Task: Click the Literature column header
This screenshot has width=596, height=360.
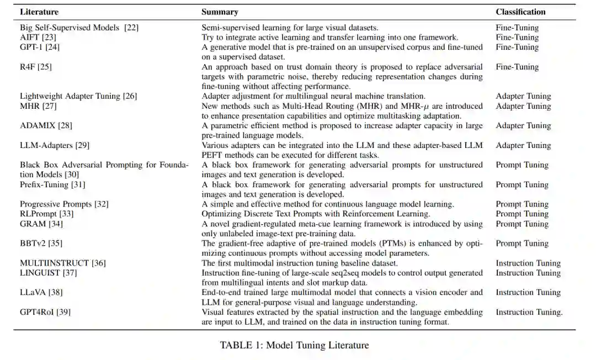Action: [39, 12]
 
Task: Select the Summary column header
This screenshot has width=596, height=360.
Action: [220, 12]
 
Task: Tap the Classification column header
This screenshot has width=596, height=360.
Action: [520, 12]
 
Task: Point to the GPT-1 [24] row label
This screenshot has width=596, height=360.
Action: [40, 47]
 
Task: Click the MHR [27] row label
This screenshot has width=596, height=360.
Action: [38, 106]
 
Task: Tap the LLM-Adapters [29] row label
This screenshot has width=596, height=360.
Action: [55, 145]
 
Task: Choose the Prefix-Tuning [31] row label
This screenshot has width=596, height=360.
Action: [52, 184]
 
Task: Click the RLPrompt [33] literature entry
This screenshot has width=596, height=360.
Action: [46, 214]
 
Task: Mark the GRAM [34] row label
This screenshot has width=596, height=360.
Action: [41, 224]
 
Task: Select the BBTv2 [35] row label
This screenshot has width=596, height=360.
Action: [41, 243]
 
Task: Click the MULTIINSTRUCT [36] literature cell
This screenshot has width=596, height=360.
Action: [63, 263]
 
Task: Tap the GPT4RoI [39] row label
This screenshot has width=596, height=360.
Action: [45, 312]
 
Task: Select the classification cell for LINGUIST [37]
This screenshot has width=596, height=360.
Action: [528, 273]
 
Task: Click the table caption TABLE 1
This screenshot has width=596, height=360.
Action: [294, 345]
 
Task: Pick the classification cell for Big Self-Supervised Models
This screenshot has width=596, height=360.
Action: [517, 28]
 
